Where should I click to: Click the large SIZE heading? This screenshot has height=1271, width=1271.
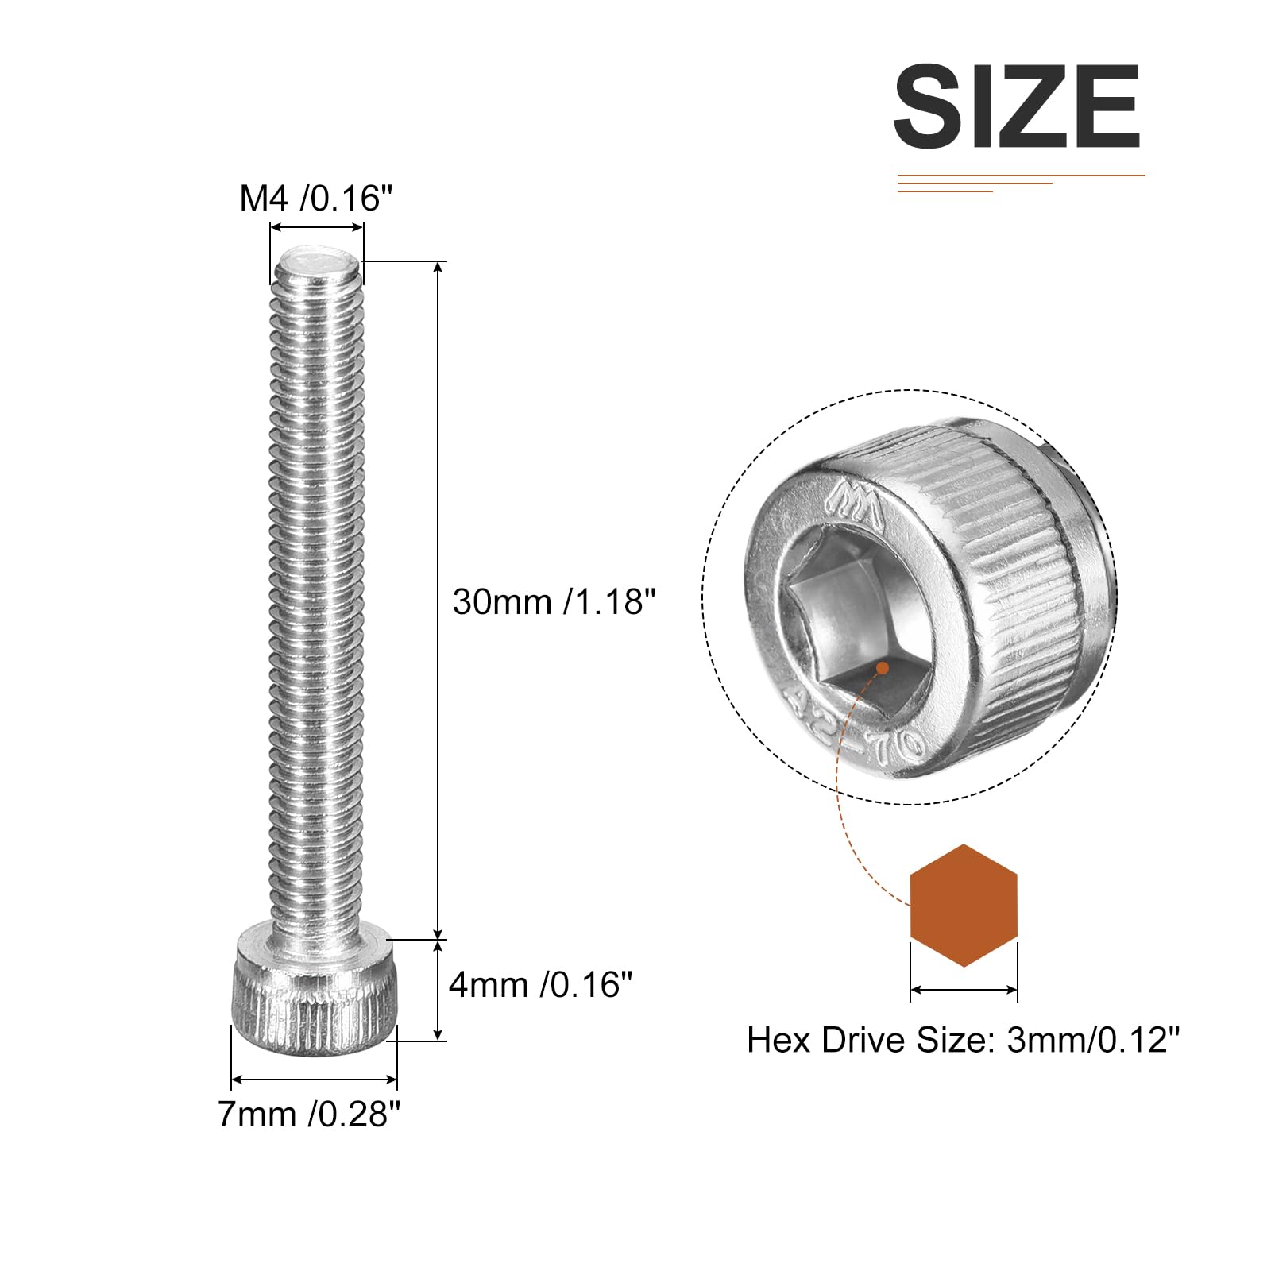1017,106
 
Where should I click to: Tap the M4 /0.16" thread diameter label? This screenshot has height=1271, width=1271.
316,198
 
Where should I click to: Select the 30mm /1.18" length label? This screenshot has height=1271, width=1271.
554,601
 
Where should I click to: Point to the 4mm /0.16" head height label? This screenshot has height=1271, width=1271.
540,985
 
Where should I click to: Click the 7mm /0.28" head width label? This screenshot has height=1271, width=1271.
309,1115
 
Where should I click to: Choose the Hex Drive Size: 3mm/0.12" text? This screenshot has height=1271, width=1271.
964,1040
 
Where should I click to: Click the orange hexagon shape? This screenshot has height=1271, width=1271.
964,906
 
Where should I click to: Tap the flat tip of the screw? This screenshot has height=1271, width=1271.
318,262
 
